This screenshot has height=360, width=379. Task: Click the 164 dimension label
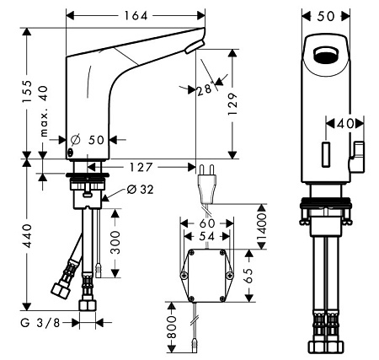pyautogui.click(x=136, y=16)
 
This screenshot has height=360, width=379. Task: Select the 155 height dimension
pyautogui.click(x=28, y=91)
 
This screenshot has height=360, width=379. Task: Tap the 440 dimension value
pyautogui.click(x=28, y=236)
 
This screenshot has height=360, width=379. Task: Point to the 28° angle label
pyautogui.click(x=205, y=89)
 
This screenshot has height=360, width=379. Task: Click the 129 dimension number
pyautogui.click(x=232, y=104)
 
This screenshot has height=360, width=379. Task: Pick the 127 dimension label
pyautogui.click(x=141, y=168)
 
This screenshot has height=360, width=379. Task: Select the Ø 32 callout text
pyautogui.click(x=140, y=190)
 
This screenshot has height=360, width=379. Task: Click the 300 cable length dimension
pyautogui.click(x=115, y=242)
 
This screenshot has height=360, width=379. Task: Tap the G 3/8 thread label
pyautogui.click(x=40, y=323)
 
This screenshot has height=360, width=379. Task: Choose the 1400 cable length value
pyautogui.click(x=261, y=227)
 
